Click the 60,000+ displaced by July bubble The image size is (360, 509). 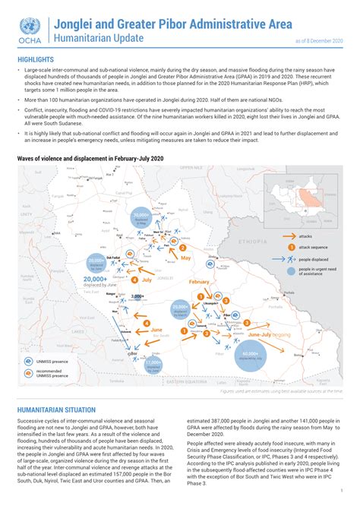251,355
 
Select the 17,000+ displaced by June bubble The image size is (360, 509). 157,365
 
